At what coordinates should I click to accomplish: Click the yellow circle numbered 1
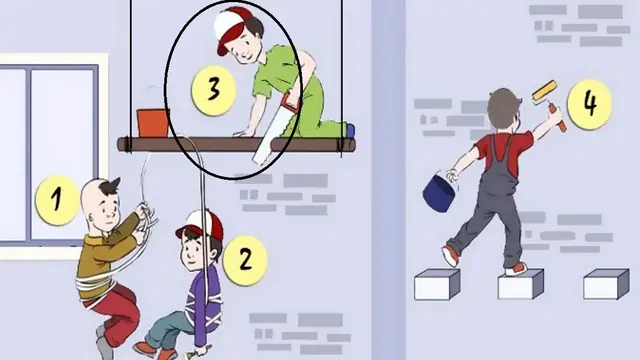(x=57, y=200)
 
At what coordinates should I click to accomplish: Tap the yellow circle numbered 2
(x=245, y=260)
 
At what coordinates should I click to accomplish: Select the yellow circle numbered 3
(x=214, y=90)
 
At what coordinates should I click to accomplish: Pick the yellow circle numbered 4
(x=589, y=104)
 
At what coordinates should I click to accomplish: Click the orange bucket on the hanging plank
(x=153, y=123)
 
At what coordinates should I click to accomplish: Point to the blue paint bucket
(x=440, y=193)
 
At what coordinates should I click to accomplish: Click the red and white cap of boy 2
(x=201, y=225)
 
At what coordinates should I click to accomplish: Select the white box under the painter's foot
(x=521, y=284)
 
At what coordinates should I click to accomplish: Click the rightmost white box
(x=606, y=284)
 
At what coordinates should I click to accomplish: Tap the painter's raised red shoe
(x=451, y=255)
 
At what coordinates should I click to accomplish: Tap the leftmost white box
(x=437, y=284)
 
